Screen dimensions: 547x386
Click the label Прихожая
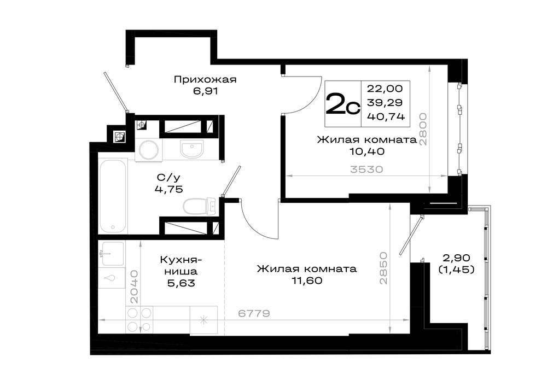tap(205, 80)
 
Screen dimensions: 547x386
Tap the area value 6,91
tap(205, 91)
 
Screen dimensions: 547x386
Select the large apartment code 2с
tap(342, 104)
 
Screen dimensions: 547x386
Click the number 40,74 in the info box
tap(386, 116)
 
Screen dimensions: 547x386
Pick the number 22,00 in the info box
tap(385, 89)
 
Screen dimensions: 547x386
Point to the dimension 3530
tap(366, 169)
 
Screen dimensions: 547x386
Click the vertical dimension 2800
tap(423, 128)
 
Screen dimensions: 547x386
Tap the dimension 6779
tap(254, 313)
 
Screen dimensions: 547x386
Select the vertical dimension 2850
tap(383, 268)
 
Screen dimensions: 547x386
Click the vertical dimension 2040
tap(133, 286)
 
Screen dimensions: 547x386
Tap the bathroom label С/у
tap(168, 178)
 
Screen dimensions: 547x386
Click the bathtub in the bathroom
tap(113, 196)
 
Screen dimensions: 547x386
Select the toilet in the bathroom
tap(200, 206)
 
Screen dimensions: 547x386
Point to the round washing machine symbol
tap(149, 150)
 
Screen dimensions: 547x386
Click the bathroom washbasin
tap(191, 149)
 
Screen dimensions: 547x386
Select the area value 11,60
tap(307, 280)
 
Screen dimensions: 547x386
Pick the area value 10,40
tap(367, 151)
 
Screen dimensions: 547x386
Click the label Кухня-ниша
tap(181, 265)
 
